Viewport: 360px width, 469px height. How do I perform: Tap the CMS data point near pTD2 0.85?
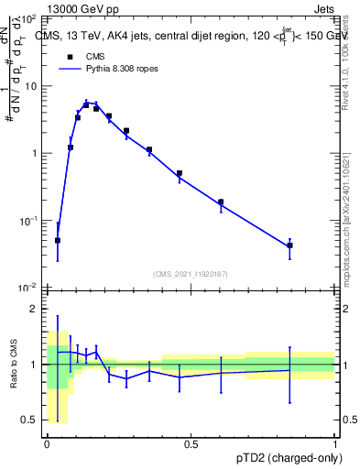tap(289, 245)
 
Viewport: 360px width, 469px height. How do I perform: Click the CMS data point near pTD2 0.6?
tap(221, 202)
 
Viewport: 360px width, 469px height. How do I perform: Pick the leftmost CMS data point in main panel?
tap(58, 240)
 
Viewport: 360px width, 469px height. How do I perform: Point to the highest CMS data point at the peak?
tap(86, 104)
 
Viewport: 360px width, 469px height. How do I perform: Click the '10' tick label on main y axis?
tap(30, 86)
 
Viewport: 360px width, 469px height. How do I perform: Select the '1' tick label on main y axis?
tap(34, 153)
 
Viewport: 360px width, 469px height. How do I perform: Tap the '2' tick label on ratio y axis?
tap(34, 309)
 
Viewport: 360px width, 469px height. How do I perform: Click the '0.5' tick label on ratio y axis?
tap(29, 420)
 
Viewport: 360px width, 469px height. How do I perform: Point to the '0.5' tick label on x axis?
tap(191, 444)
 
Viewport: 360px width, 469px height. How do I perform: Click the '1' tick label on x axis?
tap(335, 444)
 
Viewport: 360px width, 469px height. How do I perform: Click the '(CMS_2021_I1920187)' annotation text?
tap(191, 273)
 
